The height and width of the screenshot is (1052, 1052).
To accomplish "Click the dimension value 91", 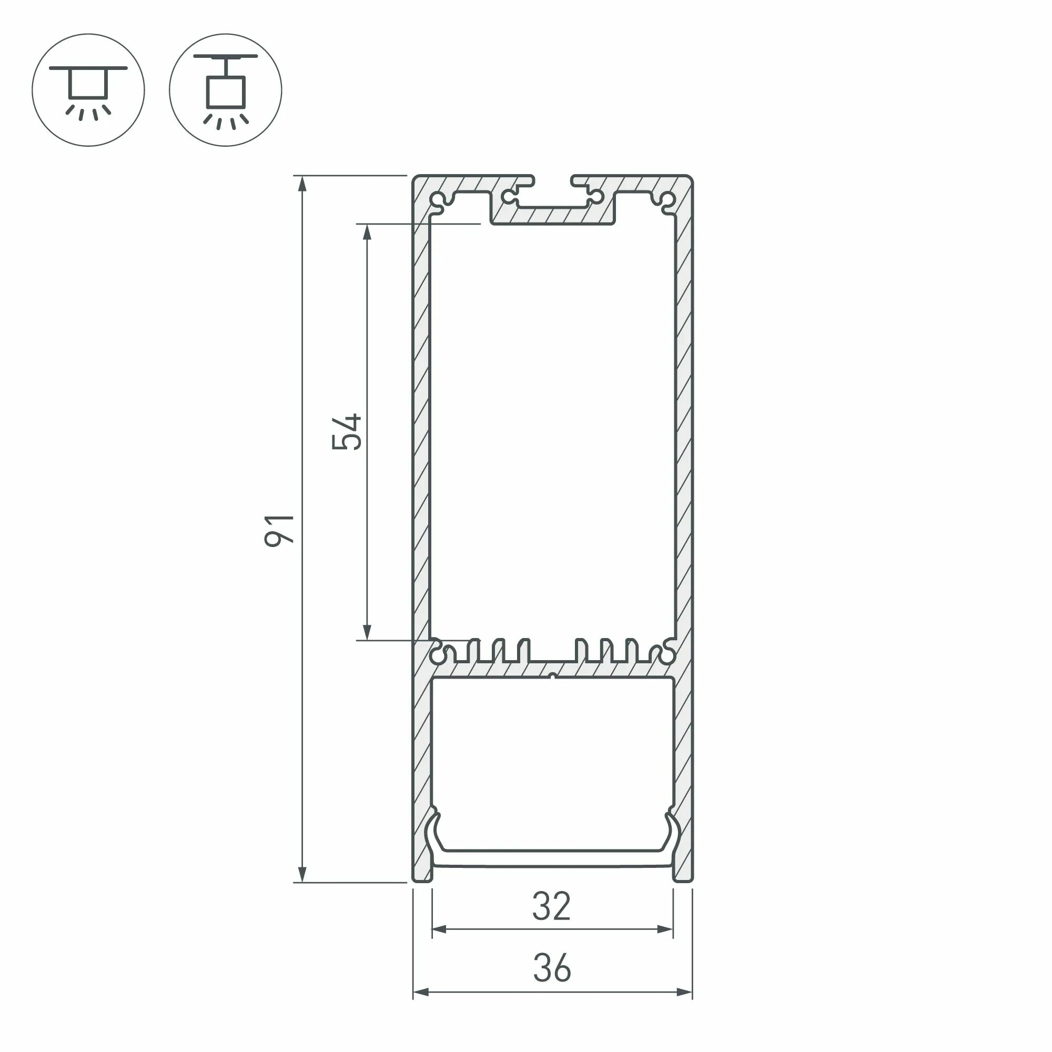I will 280,530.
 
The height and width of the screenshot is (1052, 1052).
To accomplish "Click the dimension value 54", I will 347,432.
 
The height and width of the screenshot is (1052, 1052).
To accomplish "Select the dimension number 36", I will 552,968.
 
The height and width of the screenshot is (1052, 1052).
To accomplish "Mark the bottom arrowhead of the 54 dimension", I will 367,632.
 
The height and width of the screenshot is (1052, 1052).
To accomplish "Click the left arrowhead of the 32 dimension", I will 439,929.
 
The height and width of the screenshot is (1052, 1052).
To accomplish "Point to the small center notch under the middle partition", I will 553,676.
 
